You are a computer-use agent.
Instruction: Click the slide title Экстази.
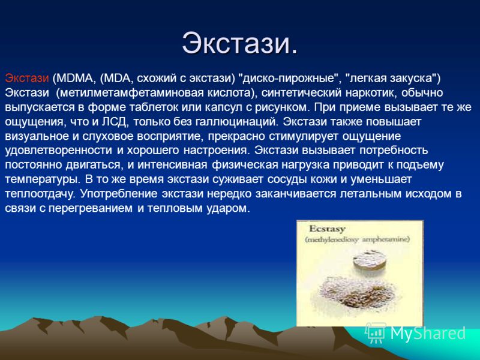tap(239, 43)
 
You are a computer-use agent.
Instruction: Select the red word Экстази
tap(27, 78)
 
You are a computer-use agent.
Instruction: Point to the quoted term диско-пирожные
tap(288, 79)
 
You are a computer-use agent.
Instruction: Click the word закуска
tap(412, 79)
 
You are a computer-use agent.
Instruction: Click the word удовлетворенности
tap(58, 151)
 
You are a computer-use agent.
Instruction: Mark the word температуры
tap(43, 179)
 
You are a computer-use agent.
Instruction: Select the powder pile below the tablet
tap(358, 291)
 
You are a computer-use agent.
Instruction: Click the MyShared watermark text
tap(428, 333)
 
